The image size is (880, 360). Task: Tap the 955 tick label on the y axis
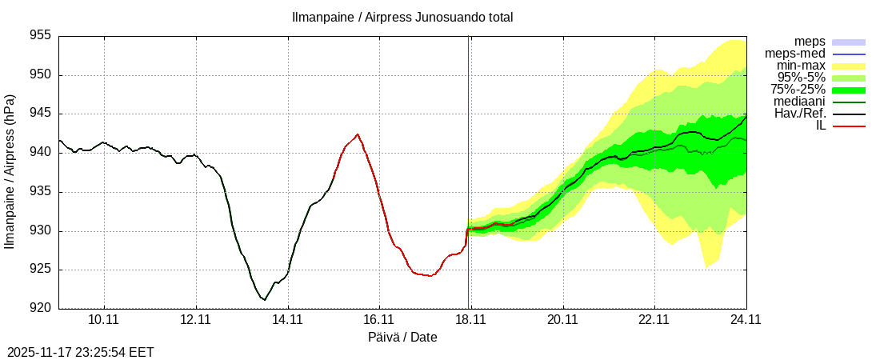point(41,36)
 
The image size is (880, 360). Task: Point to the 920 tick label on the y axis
point(41,308)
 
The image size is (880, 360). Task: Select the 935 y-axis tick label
point(41,191)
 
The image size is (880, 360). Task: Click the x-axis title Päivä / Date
point(402,338)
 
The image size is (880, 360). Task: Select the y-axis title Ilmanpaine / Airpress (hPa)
point(10,171)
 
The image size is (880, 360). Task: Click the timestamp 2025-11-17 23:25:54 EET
point(81,352)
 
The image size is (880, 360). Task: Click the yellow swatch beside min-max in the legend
point(849,66)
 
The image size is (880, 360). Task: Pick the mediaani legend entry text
point(799,102)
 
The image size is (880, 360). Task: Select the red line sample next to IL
point(849,126)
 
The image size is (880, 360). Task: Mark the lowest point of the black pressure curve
point(264,300)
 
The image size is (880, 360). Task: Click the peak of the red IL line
point(357,134)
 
